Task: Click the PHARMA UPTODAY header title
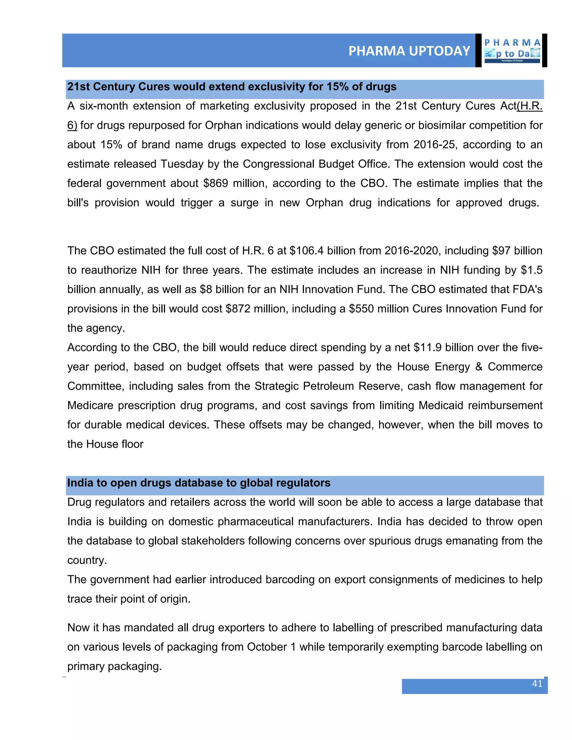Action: [409, 51]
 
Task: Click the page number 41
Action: [537, 684]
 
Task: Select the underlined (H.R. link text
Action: [529, 106]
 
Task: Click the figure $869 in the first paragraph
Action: [216, 183]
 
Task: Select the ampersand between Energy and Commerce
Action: [478, 367]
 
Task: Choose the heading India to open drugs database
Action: [199, 483]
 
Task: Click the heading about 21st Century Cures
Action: [232, 87]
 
